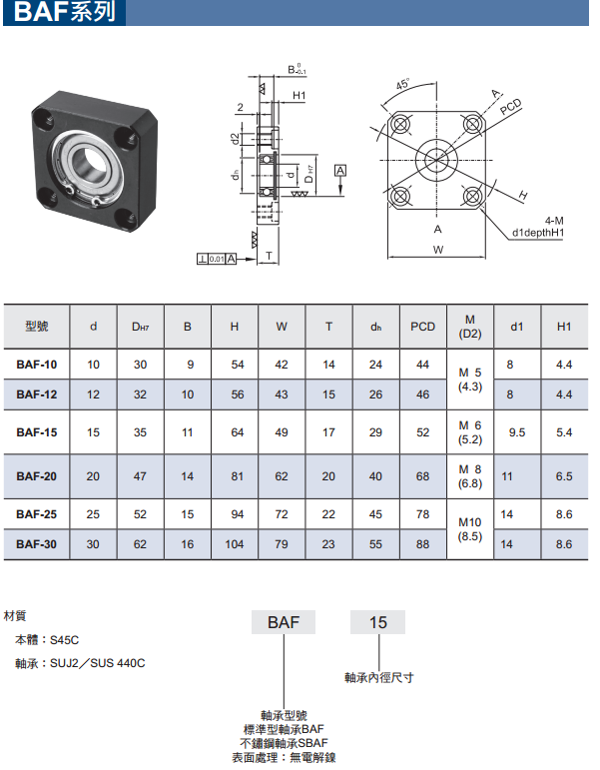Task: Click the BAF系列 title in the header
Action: point(64,12)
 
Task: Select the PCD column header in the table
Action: point(422,327)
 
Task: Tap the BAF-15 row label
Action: point(36,432)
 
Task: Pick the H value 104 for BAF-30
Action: point(235,544)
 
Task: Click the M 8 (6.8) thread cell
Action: point(470,476)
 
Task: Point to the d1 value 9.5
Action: point(517,432)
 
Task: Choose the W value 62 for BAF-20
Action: point(282,476)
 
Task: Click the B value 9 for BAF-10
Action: point(191,365)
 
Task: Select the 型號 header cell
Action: point(37,326)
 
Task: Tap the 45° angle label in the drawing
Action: point(402,84)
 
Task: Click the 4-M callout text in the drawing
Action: point(554,221)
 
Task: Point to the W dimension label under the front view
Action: point(438,250)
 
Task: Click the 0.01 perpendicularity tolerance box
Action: point(217,259)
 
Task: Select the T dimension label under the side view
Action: point(270,256)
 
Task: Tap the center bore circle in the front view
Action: point(436,160)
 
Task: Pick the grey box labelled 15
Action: point(377,622)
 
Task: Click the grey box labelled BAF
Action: point(284,622)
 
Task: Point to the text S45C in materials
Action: point(64,640)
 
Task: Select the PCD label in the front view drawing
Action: point(510,107)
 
